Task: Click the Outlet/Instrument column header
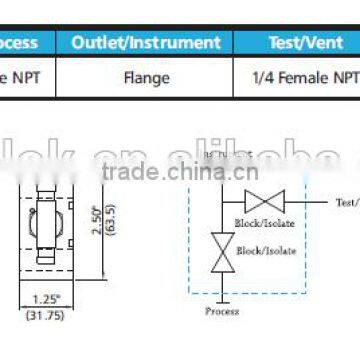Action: pos(144,43)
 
